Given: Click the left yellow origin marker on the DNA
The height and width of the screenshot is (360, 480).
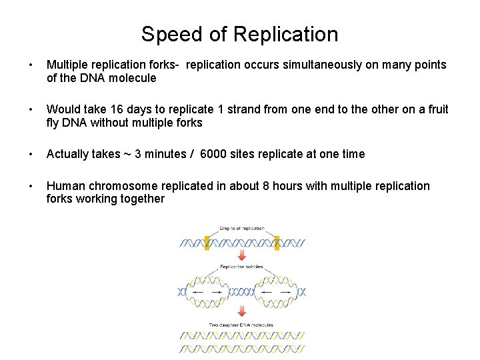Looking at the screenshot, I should pos(207,243).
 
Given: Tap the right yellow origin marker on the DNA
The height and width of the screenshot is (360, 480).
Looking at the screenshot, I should pos(277,243).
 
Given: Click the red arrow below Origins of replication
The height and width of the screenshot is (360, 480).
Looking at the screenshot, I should pos(241,257).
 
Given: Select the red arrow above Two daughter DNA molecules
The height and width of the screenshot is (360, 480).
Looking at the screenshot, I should pos(241,311).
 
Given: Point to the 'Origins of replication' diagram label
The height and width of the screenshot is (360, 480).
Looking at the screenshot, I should pos(242,229).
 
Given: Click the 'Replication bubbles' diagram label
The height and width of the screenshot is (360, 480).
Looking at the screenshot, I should pos(241,267).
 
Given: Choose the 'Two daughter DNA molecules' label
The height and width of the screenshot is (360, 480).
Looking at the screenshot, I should pos(241,325).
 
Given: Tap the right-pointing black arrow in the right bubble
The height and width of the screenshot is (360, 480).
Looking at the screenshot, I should pos(285,292).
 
